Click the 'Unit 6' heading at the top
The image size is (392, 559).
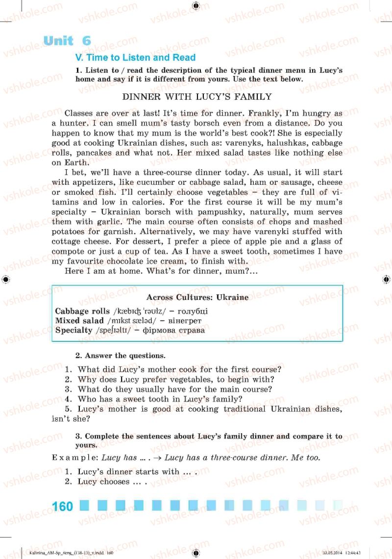tap(67, 41)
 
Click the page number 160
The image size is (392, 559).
tap(62, 506)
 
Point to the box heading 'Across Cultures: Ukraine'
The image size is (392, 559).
tap(197, 297)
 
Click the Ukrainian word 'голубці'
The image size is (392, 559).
tap(193, 311)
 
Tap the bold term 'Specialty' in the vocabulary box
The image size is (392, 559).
tap(73, 330)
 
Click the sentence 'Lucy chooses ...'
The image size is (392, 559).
tap(112, 482)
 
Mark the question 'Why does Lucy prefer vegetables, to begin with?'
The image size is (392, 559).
tap(175, 380)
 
